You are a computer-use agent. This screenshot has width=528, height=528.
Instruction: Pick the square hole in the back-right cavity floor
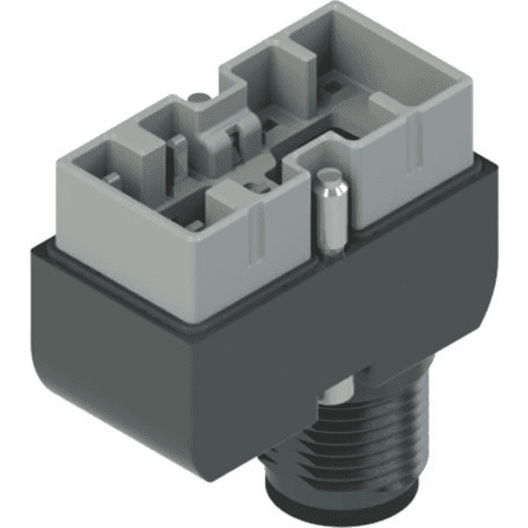click(x=333, y=86)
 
